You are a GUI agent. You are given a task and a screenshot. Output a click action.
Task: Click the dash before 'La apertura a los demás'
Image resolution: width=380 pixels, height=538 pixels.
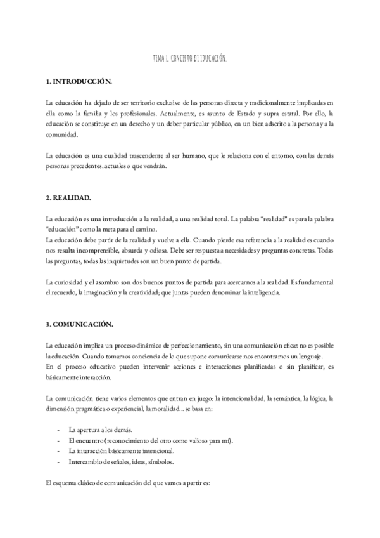click(58, 429)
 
